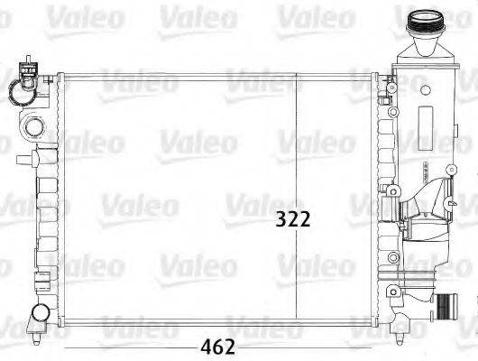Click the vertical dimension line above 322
pyautogui.click(x=299, y=135)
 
